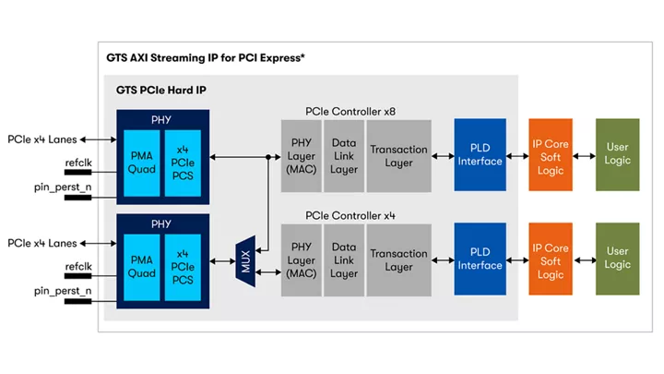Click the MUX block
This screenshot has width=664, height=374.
click(244, 254)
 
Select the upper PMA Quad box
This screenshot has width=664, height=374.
click(142, 162)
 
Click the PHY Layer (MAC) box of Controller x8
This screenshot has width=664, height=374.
click(302, 155)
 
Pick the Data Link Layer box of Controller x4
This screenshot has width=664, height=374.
click(344, 260)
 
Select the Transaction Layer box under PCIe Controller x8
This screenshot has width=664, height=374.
click(398, 155)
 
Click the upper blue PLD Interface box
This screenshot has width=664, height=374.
click(480, 155)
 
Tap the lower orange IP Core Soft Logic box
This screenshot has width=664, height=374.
click(551, 260)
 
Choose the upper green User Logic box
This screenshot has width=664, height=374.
click(617, 155)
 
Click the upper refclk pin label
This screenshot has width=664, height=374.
click(78, 163)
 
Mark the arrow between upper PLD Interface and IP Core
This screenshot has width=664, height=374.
click(516, 155)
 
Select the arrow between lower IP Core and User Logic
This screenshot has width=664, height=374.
click(583, 259)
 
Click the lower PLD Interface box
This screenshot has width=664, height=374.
click(480, 259)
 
